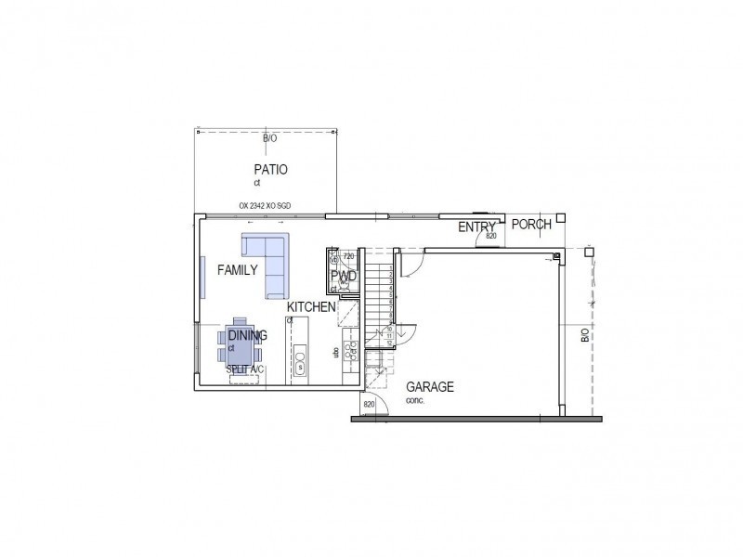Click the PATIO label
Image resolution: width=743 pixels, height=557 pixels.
[x=270, y=170]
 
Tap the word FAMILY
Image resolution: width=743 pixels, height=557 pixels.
[x=237, y=270]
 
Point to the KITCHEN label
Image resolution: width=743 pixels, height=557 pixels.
[x=311, y=307]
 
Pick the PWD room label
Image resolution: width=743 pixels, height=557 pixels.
[x=344, y=277]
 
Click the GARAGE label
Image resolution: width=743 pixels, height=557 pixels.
[x=430, y=387]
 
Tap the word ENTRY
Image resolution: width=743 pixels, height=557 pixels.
[x=476, y=227]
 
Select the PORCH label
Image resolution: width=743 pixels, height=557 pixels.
[x=532, y=224]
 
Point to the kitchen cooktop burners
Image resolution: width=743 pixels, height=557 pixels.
[x=352, y=350]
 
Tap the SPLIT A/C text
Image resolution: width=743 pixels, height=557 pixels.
[x=245, y=369]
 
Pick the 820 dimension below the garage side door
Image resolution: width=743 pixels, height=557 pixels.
[x=369, y=405]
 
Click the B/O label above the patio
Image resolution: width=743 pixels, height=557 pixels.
[x=269, y=138]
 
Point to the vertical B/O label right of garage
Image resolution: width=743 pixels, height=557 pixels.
[x=584, y=335]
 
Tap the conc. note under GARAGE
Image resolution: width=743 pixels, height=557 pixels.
[x=414, y=400]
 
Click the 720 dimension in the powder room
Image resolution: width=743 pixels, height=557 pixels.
[x=348, y=255]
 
